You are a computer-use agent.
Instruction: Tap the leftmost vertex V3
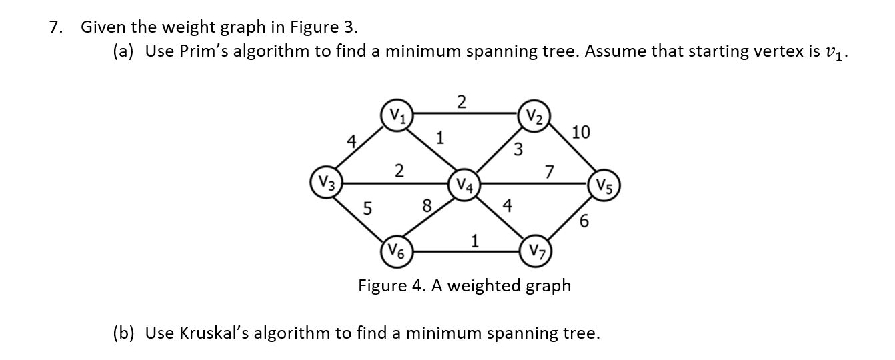(326, 182)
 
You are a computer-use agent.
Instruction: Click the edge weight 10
(581, 132)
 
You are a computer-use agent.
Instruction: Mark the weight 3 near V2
(518, 148)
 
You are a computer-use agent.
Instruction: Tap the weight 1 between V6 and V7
(474, 241)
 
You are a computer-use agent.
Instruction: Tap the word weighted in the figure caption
(487, 285)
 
